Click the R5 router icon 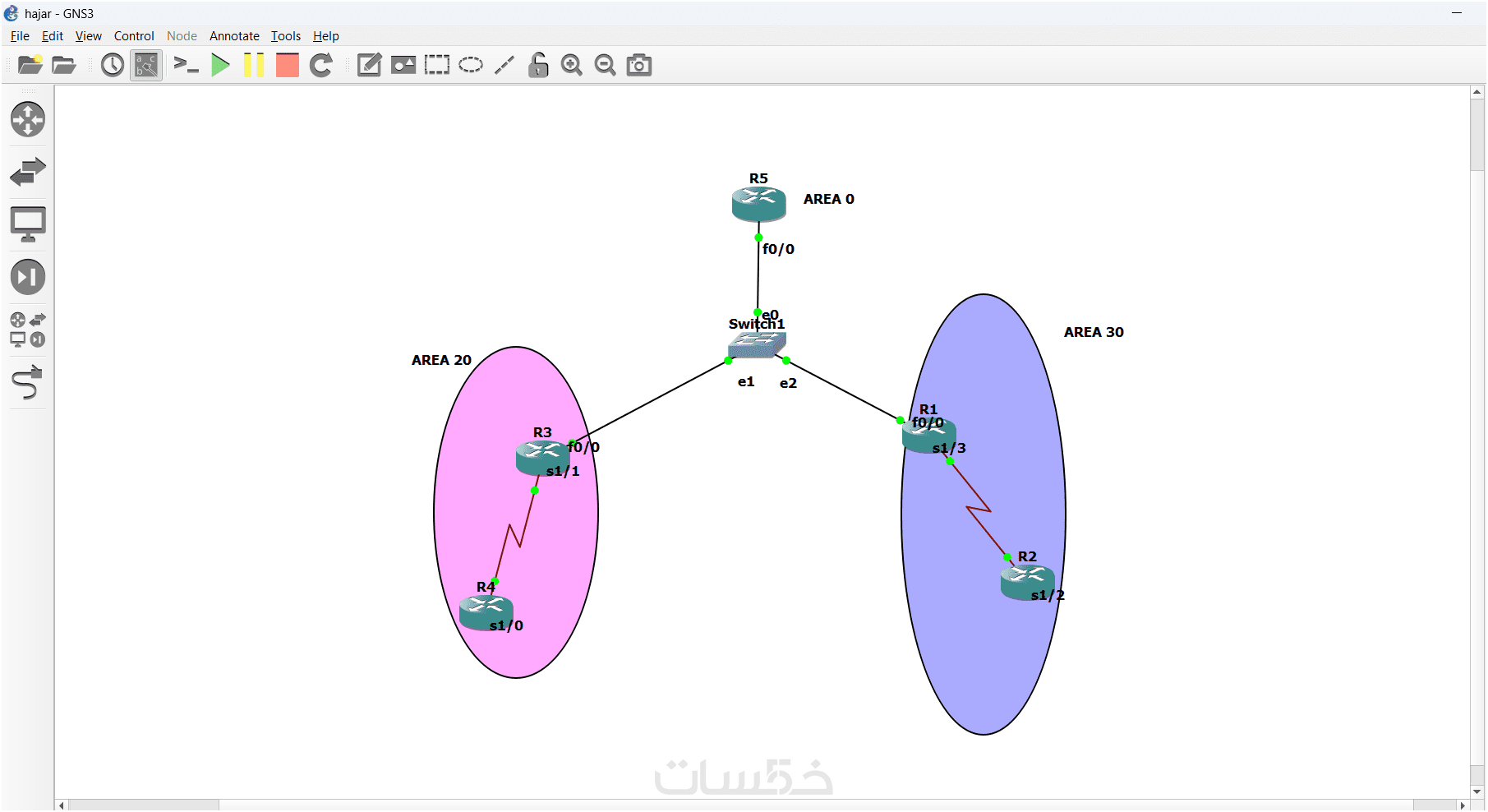pos(758,204)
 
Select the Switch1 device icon pos(756,344)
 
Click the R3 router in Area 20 pos(541,457)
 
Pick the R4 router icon pos(486,612)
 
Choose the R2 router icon pos(1026,582)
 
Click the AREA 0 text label pos(828,199)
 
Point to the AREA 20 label pos(441,360)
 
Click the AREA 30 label pos(1093,332)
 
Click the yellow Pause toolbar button pos(254,65)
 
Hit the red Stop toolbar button pos(288,65)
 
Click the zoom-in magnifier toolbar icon pos(571,65)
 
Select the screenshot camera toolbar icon pos(638,65)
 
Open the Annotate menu pos(234,36)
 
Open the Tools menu pos(285,36)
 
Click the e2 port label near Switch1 pos(788,383)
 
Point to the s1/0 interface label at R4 pos(506,625)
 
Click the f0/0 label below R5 pos(778,249)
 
